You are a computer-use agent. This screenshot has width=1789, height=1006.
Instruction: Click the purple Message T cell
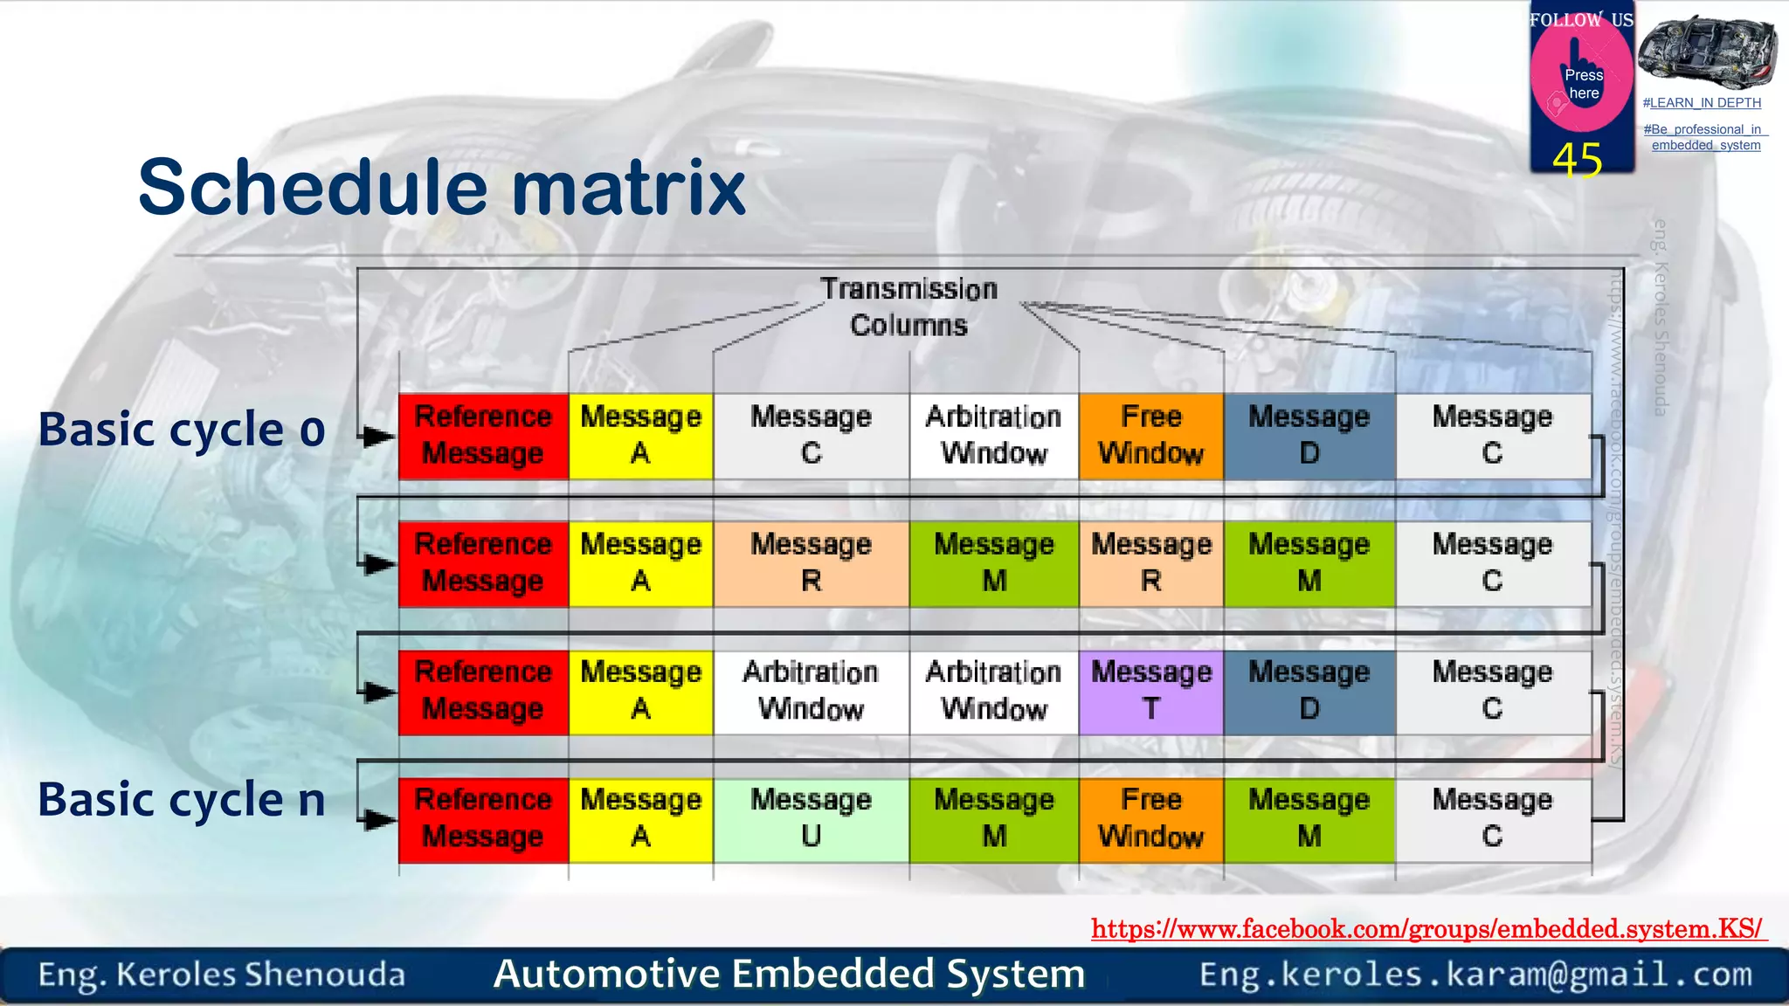click(1150, 692)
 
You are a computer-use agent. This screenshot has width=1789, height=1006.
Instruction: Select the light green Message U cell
click(811, 819)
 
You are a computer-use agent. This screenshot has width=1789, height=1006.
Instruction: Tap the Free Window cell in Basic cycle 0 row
click(1150, 436)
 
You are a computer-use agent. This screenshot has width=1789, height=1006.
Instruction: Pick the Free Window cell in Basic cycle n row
click(1150, 819)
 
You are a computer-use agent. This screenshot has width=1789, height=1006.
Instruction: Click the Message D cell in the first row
click(1309, 436)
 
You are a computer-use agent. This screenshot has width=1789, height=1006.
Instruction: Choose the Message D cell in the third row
click(1309, 692)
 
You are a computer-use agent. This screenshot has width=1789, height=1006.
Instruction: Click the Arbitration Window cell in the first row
click(993, 436)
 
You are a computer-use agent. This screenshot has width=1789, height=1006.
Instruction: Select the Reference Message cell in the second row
click(483, 563)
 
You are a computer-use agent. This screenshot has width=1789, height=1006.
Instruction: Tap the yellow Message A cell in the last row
click(640, 819)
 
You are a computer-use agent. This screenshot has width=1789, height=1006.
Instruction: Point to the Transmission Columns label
click(908, 307)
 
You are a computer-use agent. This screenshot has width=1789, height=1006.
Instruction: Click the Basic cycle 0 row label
click(182, 430)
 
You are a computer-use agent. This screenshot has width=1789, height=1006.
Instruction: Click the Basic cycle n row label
click(182, 800)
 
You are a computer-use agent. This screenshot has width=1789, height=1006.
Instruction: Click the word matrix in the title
click(629, 188)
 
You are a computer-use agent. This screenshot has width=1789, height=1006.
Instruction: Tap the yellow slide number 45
click(1578, 160)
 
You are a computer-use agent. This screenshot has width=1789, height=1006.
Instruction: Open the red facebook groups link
click(1427, 928)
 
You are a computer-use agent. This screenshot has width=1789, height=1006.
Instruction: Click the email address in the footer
click(1475, 975)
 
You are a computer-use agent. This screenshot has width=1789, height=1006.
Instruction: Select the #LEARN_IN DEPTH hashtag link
click(1702, 103)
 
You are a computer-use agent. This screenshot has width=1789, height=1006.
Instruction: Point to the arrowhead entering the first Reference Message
click(378, 436)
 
